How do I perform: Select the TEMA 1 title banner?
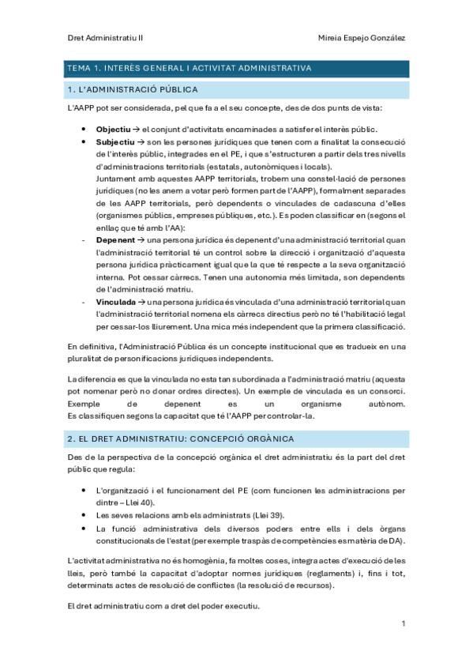click(x=237, y=68)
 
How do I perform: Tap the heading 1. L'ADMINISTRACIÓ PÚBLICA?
click(x=133, y=89)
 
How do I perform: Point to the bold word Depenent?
click(x=115, y=239)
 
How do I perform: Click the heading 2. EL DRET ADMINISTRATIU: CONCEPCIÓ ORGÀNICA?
click(x=181, y=438)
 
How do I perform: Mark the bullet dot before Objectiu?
click(x=84, y=129)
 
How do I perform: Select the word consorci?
click(x=389, y=392)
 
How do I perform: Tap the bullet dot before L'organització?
click(x=84, y=490)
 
